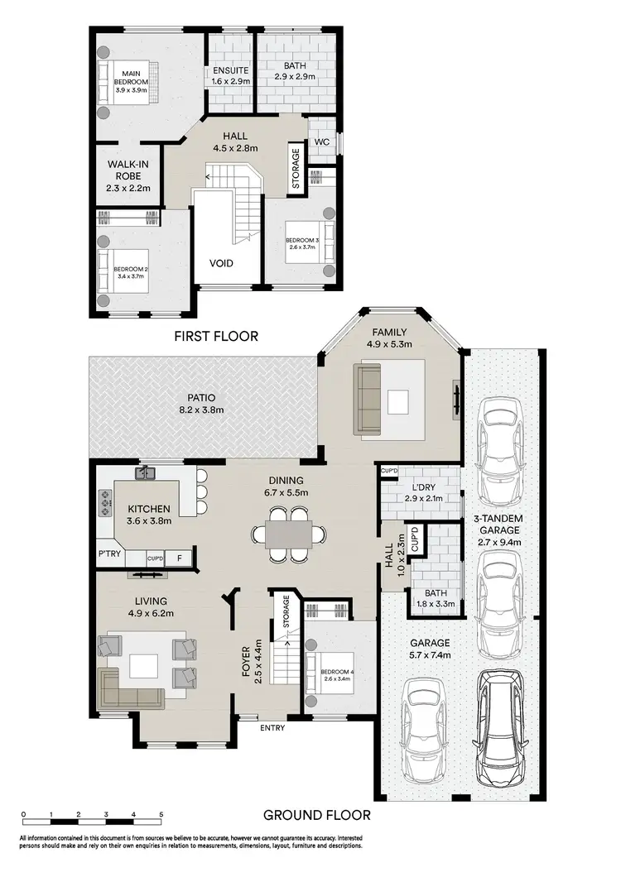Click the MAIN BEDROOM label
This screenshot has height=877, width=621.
coord(131,76)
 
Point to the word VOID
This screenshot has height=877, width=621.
coord(220,264)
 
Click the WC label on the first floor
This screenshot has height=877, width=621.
coord(321,141)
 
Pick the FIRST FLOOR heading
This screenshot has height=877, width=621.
coord(216,337)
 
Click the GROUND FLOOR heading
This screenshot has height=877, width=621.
coord(317,815)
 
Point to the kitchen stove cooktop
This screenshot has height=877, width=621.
coord(106,500)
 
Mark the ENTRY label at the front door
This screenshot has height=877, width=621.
coord(272,728)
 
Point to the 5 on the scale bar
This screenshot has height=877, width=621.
coord(161,816)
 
